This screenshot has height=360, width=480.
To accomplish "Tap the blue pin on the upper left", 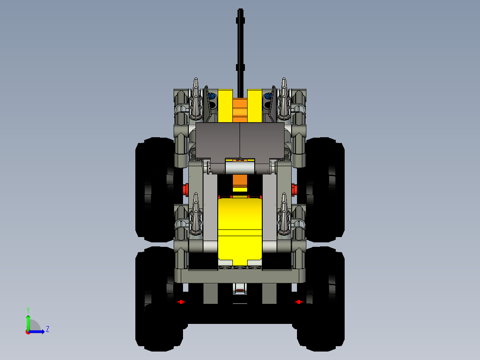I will point(212,96).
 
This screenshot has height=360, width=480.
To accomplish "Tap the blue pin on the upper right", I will point(268,96).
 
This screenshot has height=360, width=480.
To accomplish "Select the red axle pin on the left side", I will point(186,189).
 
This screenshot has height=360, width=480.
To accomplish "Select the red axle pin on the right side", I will point(294,189).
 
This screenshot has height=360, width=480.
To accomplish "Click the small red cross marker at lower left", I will point(181,302).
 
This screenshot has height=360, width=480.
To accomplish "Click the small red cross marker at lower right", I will point(299,302).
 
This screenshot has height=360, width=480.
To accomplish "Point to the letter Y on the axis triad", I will point(28,309).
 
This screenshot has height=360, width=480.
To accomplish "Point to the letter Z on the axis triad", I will point(47,329).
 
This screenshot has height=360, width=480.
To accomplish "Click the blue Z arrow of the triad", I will point(38,331).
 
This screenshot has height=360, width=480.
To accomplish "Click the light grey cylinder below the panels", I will point(240,168).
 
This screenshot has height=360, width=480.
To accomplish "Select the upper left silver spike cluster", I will point(196,100).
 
